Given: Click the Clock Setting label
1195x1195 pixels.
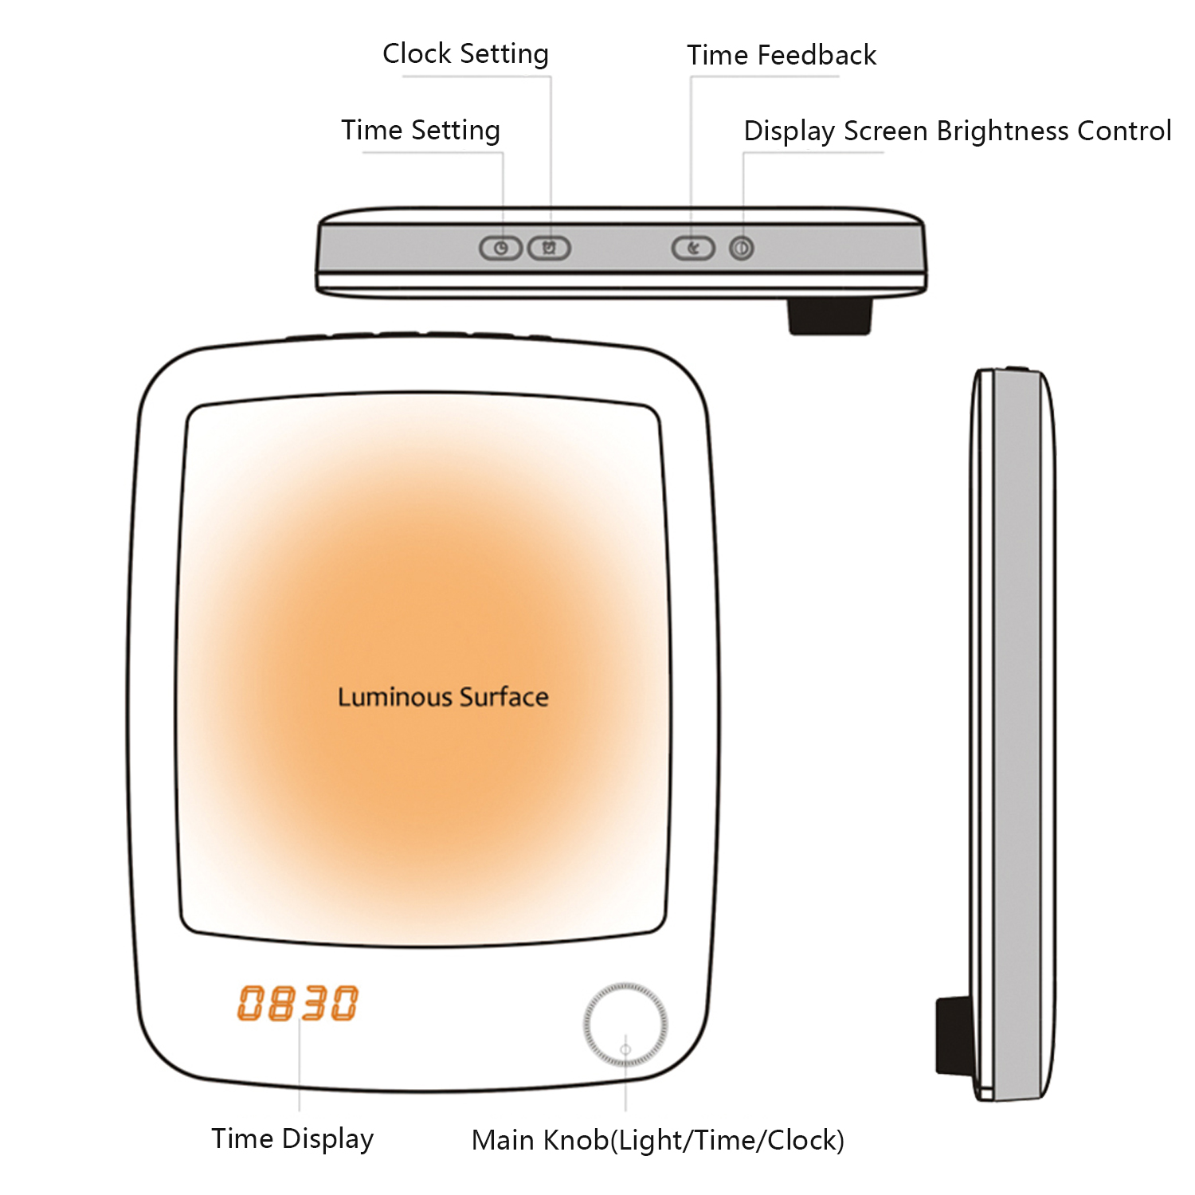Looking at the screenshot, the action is tap(465, 54).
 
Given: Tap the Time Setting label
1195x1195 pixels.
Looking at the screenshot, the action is tap(421, 130).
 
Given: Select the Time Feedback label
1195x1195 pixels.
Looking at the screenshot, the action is tap(782, 55).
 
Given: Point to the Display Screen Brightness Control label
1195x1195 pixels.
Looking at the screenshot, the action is tap(958, 131).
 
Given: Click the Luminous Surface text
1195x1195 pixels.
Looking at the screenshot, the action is tap(443, 697).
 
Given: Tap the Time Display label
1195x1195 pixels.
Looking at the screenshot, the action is tap(292, 1139).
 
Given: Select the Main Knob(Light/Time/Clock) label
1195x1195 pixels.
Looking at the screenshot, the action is tap(658, 1141).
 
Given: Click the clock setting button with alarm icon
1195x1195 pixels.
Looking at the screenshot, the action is tap(550, 249).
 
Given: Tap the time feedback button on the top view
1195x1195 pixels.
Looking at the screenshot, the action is tap(693, 249).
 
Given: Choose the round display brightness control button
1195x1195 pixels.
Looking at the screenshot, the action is tap(742, 249).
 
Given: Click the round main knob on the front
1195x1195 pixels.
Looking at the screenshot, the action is tap(625, 1025).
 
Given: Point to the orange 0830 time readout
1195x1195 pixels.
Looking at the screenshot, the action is tap(298, 1003).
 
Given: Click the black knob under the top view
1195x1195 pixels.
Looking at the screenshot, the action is tap(830, 315).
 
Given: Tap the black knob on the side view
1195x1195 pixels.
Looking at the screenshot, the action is tap(954, 1034).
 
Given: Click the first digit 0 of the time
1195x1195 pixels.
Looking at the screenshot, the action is tap(250, 1003).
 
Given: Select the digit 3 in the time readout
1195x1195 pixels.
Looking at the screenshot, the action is tap(314, 1003).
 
